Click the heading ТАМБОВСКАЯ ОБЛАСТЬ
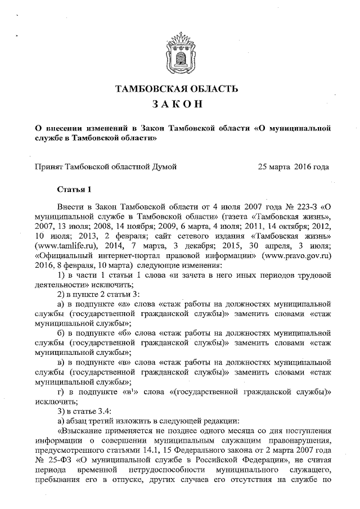tap(180, 89)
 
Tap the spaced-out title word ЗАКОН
tap(180, 105)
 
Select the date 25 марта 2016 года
tap(293, 166)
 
